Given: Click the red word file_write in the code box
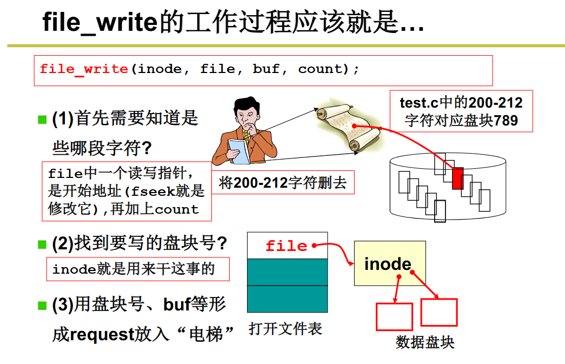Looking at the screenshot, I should click(x=84, y=69).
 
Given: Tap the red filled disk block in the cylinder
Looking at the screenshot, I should click(x=458, y=178).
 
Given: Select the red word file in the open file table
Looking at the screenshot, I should click(x=286, y=246).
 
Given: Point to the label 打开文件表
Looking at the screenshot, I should click(x=285, y=328).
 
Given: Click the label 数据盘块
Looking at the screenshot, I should click(x=425, y=342).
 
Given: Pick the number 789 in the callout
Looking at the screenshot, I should click(x=506, y=120).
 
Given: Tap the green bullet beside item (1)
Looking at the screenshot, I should click(x=42, y=119).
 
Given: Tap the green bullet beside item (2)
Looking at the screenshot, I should click(x=42, y=244).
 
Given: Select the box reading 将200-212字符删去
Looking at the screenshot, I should click(x=283, y=183).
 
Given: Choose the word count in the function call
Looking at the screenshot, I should click(x=321, y=69).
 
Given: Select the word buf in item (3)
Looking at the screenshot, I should click(x=177, y=305).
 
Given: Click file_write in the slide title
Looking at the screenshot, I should click(x=100, y=23).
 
